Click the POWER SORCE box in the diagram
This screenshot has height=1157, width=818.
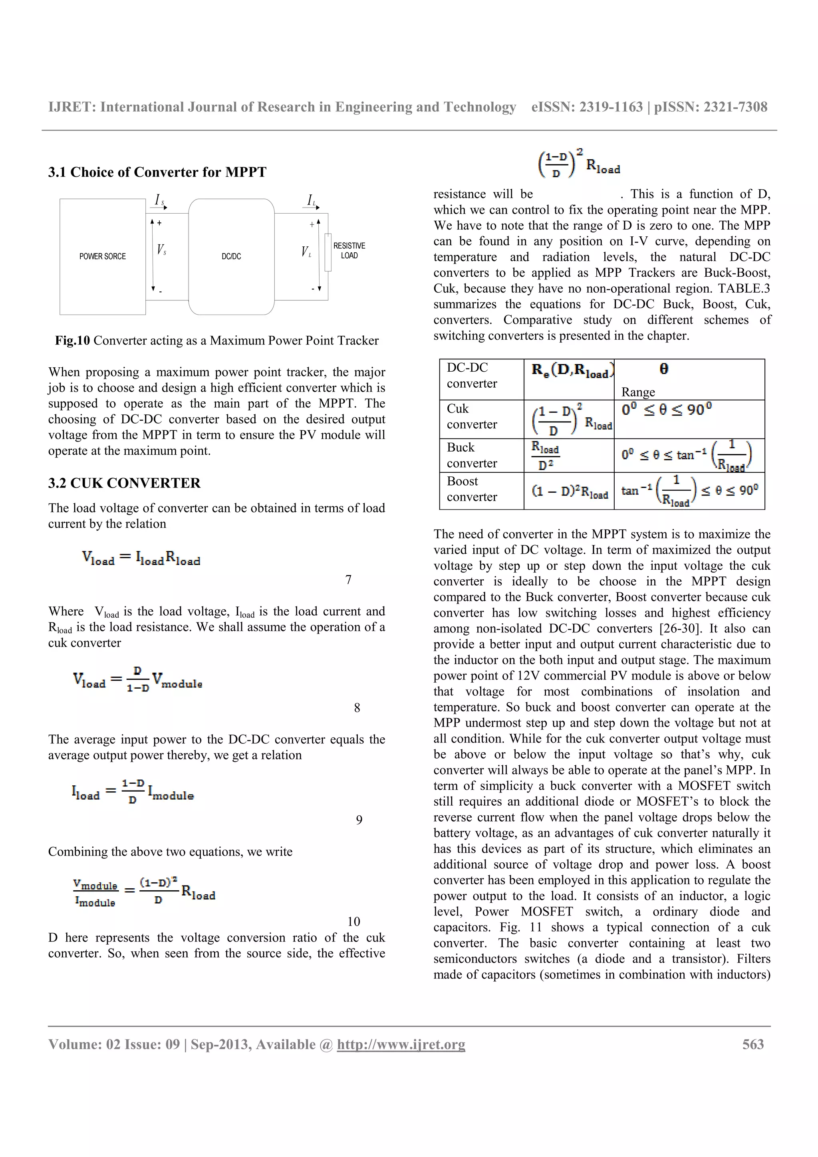[x=102, y=256]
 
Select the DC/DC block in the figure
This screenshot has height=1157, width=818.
[x=231, y=256]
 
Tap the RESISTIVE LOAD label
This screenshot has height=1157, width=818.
[x=349, y=250]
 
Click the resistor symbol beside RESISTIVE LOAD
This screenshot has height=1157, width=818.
[x=328, y=252]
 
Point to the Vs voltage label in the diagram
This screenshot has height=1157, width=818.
[x=161, y=250]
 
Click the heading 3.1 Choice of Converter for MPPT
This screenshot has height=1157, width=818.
[x=157, y=172]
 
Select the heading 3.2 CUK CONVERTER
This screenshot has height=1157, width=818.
[x=125, y=483]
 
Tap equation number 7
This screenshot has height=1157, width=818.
[x=348, y=580]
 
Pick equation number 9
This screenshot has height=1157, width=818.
[x=359, y=820]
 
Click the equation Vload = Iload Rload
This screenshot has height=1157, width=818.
[x=141, y=559]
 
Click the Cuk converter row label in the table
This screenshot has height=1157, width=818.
[x=472, y=417]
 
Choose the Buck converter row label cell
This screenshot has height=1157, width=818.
[x=472, y=456]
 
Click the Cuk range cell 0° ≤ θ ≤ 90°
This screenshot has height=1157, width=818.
[x=666, y=410]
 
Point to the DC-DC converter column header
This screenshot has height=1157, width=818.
[x=472, y=375]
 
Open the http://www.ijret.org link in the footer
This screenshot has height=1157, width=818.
[x=401, y=1045]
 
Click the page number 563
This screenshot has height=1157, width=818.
[x=753, y=1045]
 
